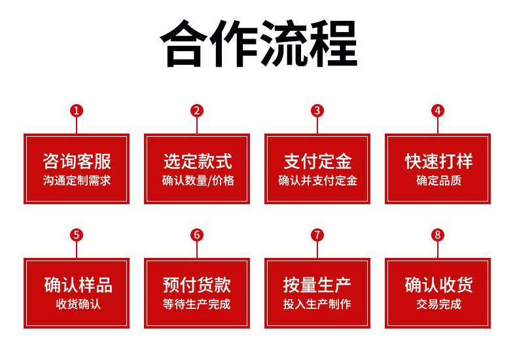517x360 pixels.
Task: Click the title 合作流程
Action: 259,45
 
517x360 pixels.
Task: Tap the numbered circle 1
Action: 77,111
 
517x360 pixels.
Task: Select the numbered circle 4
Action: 438,111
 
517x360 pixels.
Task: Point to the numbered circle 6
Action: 197,235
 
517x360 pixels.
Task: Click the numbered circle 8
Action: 438,235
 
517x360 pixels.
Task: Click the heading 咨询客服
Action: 77,161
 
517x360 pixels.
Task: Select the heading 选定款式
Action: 198,161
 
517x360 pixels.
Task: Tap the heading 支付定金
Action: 317,161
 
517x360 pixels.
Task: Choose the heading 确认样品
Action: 77,285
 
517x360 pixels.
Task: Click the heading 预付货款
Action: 197,285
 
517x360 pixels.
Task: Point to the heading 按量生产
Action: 317,285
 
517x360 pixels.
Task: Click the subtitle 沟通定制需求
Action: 77,181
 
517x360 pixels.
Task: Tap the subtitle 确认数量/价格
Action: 198,181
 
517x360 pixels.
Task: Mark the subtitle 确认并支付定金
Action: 317,181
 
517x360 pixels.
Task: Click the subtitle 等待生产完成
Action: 197,304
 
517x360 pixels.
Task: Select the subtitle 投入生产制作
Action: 317,304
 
